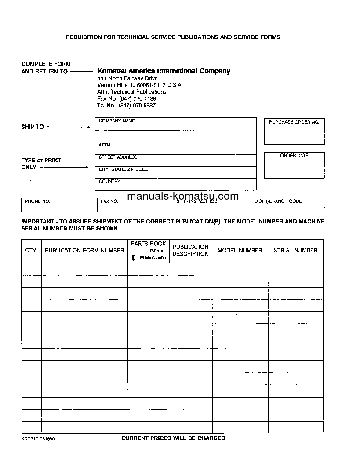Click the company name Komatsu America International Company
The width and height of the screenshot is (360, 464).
point(164,71)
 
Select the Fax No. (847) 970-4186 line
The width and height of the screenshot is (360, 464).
point(127,99)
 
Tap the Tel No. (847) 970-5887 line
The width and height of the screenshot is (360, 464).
point(126,106)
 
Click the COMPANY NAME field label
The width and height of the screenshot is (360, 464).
point(117,121)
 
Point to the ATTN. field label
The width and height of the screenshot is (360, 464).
point(105,145)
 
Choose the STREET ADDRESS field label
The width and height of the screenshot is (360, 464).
point(118,157)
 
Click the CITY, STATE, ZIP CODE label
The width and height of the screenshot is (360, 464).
point(124,169)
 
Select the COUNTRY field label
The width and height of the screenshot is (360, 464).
point(109,181)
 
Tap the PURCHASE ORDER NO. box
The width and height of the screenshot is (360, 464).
point(294,131)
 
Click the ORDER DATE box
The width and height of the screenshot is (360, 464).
point(294,165)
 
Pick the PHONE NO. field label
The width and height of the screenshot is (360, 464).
point(38,201)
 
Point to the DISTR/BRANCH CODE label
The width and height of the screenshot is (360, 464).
point(278,201)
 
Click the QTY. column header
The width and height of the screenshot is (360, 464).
point(31,250)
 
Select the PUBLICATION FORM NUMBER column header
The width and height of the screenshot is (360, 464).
point(84,250)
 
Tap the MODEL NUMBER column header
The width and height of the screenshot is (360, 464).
point(240,250)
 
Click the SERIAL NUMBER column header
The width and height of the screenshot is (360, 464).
point(295,250)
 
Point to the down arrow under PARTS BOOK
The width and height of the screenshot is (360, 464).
point(133,258)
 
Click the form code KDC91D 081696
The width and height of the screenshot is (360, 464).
point(38,438)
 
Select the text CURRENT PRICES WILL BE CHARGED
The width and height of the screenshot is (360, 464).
point(173,438)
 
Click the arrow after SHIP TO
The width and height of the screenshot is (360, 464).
point(69,127)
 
